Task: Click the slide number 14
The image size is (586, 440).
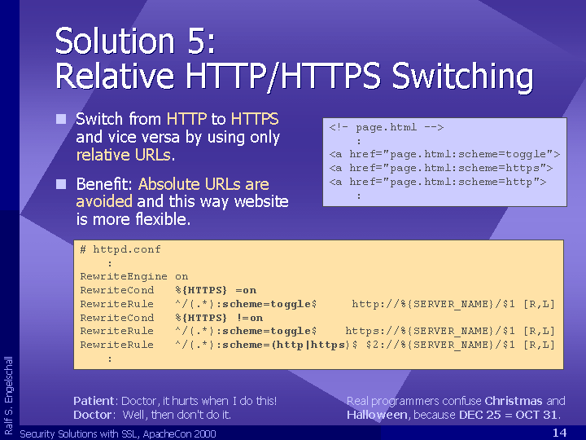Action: tap(559, 433)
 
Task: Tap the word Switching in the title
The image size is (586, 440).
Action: tap(462, 77)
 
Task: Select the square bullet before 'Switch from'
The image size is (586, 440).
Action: tap(61, 119)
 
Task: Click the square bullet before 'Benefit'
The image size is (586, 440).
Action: tap(61, 184)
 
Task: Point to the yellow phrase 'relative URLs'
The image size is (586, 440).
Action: tap(124, 155)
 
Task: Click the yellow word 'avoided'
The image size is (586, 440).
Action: tap(104, 201)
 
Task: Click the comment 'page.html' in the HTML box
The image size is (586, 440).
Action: tap(386, 128)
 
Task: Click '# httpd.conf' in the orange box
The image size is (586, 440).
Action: tap(120, 249)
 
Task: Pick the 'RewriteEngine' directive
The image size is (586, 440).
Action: tap(124, 277)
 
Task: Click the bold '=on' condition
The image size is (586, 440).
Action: tap(246, 290)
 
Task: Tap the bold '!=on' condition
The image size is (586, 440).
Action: tap(249, 318)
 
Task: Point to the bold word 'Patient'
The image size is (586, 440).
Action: tap(94, 401)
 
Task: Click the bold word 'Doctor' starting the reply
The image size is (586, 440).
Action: tap(92, 415)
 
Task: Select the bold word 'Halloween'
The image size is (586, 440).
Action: tap(377, 415)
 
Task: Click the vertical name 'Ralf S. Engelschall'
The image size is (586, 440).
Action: tap(9, 395)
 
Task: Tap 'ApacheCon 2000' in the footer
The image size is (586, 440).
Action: tap(179, 434)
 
